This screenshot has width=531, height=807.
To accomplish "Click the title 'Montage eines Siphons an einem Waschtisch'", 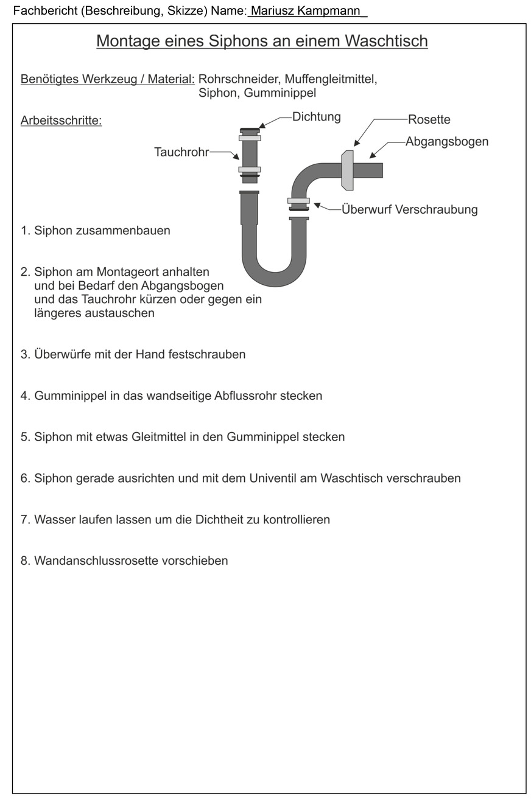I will tap(262, 41).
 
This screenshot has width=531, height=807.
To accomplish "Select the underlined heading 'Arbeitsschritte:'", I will tap(61, 121).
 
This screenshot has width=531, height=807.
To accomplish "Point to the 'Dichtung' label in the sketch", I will tap(316, 117).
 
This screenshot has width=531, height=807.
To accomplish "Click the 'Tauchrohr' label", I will tap(181, 152).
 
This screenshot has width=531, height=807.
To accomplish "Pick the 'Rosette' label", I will tap(429, 119).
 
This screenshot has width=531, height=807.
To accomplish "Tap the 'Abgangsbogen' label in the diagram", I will tap(447, 142).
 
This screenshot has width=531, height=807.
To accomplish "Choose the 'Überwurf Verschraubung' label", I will tap(409, 210).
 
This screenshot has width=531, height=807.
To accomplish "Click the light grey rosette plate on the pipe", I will tap(347, 170).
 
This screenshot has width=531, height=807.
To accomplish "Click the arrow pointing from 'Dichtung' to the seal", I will tap(273, 121).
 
